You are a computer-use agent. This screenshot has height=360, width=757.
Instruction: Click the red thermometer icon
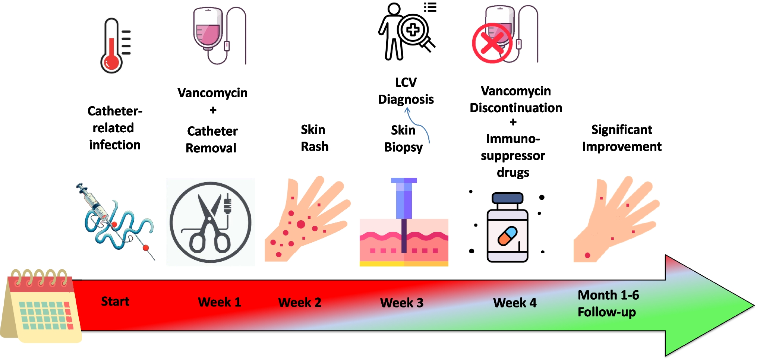pos(112,47)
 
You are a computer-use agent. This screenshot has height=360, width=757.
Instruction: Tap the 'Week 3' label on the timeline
pos(401,303)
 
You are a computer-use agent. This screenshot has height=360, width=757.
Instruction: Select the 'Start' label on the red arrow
pos(115,301)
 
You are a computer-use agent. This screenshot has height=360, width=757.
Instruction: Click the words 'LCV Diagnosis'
pos(406,91)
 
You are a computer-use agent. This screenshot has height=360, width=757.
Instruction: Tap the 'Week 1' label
pos(219,302)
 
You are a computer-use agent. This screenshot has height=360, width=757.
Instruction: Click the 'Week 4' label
pos(514,303)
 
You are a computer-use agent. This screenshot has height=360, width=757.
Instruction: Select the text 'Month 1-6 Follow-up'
pos(608,303)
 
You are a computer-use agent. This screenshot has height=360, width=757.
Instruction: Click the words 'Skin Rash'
pos(314,138)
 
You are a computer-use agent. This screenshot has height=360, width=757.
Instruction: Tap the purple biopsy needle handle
pos(404,199)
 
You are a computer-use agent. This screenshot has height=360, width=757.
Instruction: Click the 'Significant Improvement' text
pos(621,138)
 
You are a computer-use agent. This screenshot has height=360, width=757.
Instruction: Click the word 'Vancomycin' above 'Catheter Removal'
pos(212,93)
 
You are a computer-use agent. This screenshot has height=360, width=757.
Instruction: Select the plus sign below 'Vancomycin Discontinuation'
pos(513,122)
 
